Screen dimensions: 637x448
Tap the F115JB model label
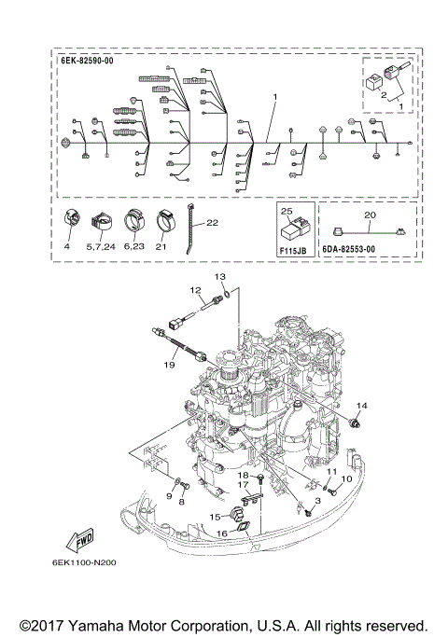pos(295,250)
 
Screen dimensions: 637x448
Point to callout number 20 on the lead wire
pos(370,215)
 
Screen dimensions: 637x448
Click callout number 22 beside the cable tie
pos(213,222)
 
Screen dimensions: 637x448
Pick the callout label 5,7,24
pos(100,247)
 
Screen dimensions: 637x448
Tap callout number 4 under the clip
pos(67,247)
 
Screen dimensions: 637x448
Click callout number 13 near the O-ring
pos(221,277)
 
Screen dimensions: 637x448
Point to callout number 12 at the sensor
pos(197,291)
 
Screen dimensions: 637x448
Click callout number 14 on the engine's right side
pos(362,405)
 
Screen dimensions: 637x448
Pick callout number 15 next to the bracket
pos(215,516)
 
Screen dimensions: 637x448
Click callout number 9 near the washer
pos(169,495)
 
